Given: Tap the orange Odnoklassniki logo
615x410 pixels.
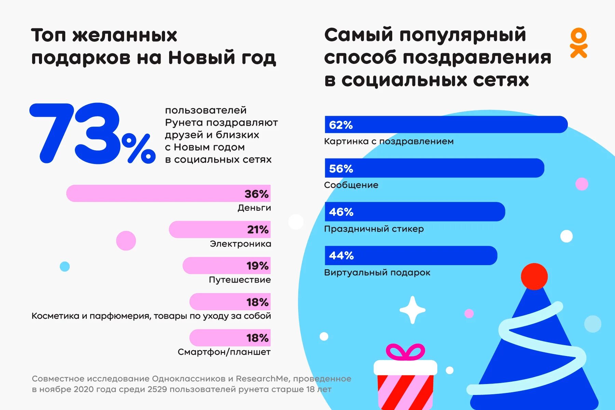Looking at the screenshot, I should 578,43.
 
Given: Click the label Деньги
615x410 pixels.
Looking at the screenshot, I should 254,208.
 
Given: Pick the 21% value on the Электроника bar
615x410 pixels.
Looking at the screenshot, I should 258,230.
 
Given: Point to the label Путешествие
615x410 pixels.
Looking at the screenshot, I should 240,280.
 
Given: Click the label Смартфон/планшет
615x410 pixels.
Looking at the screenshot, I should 224,352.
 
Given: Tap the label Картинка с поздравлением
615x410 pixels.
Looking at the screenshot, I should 389,141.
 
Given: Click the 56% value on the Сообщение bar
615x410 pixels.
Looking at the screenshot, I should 341,168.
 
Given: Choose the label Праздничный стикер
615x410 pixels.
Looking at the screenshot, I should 374,229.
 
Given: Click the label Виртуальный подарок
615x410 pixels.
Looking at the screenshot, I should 377,273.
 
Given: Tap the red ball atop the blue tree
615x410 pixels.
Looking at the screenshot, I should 534,276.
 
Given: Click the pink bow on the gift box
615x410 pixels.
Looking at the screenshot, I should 406,352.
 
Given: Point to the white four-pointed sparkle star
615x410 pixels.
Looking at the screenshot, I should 412,310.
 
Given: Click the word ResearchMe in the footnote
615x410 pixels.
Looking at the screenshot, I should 263,379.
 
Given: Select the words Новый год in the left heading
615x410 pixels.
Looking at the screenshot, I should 222,57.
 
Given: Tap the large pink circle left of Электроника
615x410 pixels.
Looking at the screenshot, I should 126,241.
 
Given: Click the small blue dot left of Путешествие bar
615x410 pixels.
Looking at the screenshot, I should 65,266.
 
